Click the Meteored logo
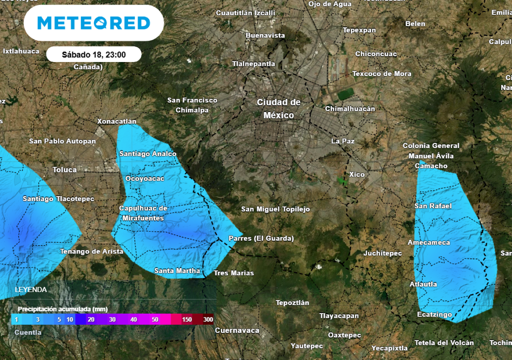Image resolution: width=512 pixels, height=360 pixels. (93, 23)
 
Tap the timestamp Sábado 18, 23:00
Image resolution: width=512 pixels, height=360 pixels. (93, 54)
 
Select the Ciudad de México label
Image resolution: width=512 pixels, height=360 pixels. (279, 108)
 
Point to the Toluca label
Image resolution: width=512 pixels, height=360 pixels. (65, 169)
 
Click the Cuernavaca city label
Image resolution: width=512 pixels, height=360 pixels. (237, 330)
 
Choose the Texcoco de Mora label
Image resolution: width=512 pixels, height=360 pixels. (382, 73)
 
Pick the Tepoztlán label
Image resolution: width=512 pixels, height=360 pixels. (292, 303)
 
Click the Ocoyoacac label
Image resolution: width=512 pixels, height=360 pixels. (144, 178)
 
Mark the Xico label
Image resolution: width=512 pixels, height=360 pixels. (357, 174)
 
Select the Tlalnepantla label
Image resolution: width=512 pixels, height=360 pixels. (253, 63)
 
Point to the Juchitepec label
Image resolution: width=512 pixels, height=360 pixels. (382, 253)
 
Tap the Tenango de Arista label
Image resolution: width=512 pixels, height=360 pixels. (91, 251)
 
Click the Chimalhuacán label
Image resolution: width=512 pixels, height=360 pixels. (350, 108)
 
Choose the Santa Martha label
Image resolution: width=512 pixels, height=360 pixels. (177, 271)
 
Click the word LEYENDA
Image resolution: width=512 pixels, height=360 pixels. (31, 289)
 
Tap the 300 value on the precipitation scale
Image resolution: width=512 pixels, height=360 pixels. (208, 319)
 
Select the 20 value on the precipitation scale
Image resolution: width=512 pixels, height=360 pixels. (91, 319)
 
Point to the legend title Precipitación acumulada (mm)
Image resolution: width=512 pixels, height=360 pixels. (63, 309)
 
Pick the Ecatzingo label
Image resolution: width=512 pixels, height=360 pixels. (434, 314)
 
